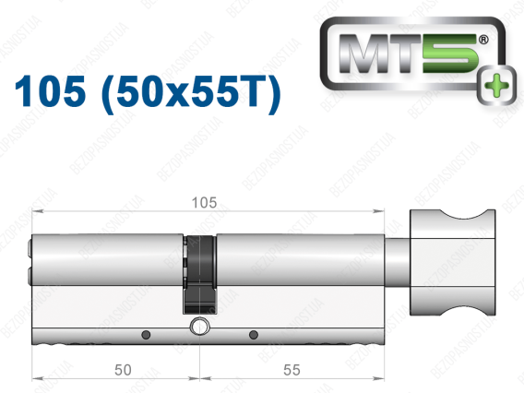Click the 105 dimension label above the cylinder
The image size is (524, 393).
pos(204,203)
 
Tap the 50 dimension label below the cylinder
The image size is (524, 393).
pos(123,370)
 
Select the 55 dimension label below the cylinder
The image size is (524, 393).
pos(292,370)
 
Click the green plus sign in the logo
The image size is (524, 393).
pos(496,86)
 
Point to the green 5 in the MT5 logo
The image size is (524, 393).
pos(450,54)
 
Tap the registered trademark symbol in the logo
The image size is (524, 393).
pos(483,40)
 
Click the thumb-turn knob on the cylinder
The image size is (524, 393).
pos(452,263)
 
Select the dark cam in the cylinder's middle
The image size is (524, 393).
pos(199,275)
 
